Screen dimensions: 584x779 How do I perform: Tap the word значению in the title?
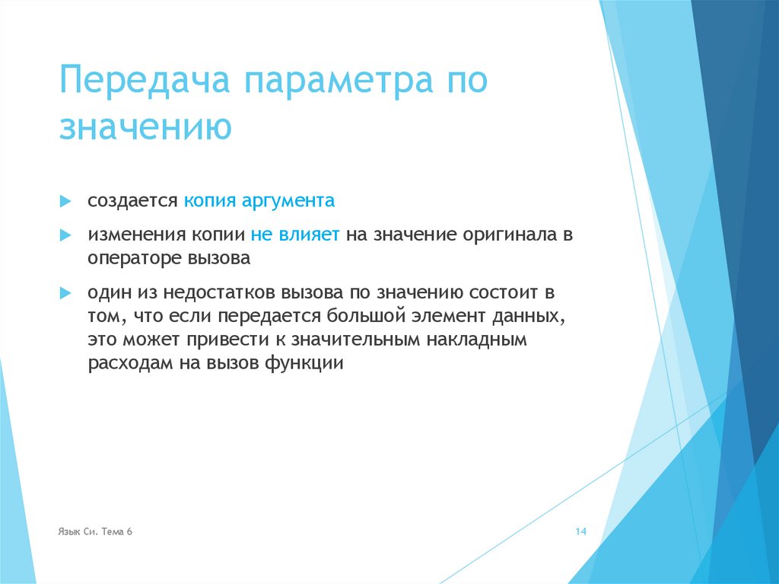pos(145,127)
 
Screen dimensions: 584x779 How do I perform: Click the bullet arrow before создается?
pos(66,202)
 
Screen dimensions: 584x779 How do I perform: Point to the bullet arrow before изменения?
pos(66,235)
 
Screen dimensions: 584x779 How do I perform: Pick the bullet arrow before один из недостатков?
pos(66,292)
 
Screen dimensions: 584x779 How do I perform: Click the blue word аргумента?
pos(288,202)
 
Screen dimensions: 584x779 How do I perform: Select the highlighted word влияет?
pos(313,235)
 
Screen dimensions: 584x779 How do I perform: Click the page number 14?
pos(580,531)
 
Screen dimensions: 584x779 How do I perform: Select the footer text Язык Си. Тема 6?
pos(95,531)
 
